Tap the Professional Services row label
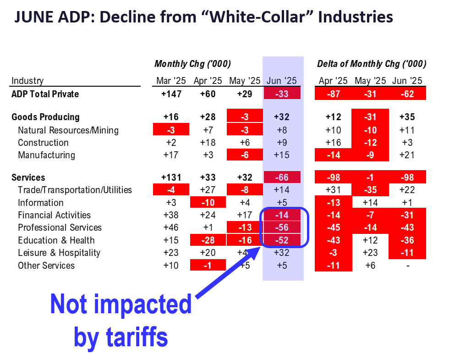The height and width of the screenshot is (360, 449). [x=60, y=227]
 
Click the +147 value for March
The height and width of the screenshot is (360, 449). [x=170, y=94]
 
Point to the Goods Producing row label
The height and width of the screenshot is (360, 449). [x=45, y=117]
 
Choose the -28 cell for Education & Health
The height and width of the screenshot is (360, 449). [x=208, y=240]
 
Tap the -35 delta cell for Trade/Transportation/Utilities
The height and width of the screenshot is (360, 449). [x=370, y=190]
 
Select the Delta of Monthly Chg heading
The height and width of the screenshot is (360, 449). [x=372, y=64]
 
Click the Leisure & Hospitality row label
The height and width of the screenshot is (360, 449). [x=59, y=253]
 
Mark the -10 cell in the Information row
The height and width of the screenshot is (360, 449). [x=208, y=203]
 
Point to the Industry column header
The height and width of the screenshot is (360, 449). [x=27, y=81]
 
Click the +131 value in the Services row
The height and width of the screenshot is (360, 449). [x=170, y=177]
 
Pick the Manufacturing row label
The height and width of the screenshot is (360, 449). [x=46, y=155]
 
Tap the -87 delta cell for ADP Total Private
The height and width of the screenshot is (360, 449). [x=333, y=94]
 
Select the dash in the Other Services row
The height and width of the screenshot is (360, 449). [x=407, y=266]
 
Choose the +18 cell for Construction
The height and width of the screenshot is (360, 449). [x=208, y=143]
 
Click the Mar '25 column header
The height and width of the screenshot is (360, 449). [x=170, y=81]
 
